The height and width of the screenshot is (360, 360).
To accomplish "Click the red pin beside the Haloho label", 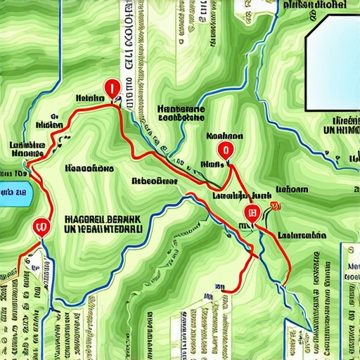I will click(110, 89).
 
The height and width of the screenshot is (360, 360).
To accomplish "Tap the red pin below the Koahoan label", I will click(224, 149).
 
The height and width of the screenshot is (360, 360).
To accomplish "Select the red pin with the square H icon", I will click(249, 213).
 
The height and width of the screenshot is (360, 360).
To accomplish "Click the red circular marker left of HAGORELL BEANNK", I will click(40, 226).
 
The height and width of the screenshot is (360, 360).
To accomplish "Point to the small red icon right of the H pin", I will click(274, 206).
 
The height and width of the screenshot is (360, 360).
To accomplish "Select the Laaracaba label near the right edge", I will click(302, 235).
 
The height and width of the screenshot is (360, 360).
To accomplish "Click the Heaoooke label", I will click(89, 169).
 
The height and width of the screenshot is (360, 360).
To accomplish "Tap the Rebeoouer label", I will click(154, 181).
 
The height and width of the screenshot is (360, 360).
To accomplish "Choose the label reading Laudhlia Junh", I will click(232, 196).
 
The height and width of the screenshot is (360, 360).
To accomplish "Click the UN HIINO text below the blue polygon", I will click(336, 131).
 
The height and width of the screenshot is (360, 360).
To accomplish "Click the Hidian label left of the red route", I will click(50, 124).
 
